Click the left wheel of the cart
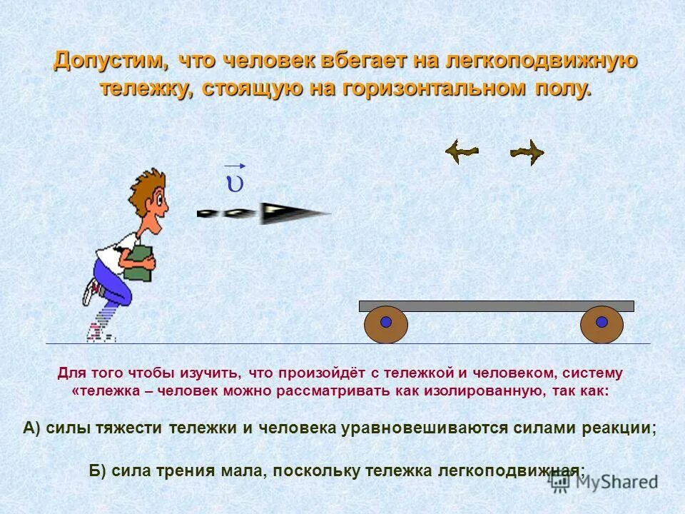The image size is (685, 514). [386, 325]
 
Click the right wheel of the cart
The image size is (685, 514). [602, 325]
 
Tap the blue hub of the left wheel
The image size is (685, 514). [386, 322]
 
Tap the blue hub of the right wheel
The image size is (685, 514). [602, 322]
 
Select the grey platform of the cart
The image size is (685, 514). [496, 306]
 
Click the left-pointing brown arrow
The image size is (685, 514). [461, 151]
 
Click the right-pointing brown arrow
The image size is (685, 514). [527, 151]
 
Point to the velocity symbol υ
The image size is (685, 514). [234, 182]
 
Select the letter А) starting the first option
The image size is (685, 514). [33, 428]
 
